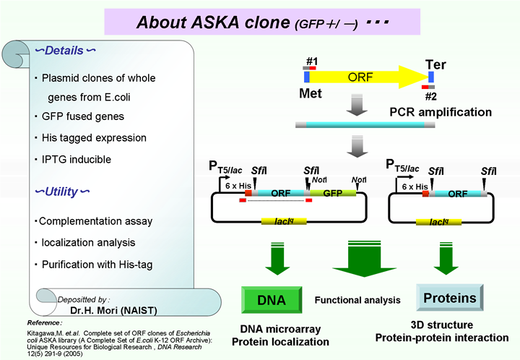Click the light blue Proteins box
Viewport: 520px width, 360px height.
tap(449, 298)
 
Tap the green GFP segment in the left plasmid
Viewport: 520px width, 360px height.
tap(332, 193)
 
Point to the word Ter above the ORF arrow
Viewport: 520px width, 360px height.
tap(435, 64)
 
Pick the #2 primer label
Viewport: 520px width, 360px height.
tap(430, 96)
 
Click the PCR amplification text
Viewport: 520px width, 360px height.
tap(441, 112)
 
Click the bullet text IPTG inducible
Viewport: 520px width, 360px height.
tap(87, 159)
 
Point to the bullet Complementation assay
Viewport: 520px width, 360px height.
tap(94, 221)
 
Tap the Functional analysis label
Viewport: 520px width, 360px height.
tap(357, 300)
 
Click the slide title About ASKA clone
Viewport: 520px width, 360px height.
tap(213, 22)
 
